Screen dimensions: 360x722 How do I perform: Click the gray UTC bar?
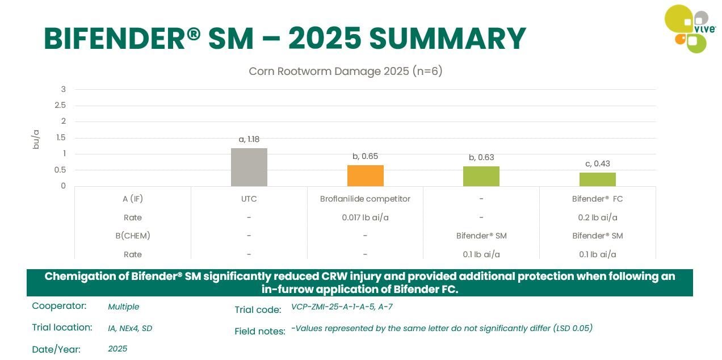pyautogui.click(x=249, y=167)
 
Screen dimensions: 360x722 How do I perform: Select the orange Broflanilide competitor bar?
pyautogui.click(x=365, y=175)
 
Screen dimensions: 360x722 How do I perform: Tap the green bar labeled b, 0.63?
pyautogui.click(x=481, y=176)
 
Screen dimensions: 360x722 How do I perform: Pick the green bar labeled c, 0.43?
pyautogui.click(x=597, y=179)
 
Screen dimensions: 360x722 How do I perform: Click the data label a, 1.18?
pyautogui.click(x=249, y=139)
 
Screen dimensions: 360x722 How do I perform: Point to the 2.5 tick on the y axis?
pyautogui.click(x=60, y=105)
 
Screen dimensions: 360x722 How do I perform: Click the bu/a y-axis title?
pyautogui.click(x=36, y=139)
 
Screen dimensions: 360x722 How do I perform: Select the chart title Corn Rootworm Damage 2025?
pyautogui.click(x=345, y=72)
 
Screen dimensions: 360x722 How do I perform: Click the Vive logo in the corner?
pyautogui.click(x=689, y=28)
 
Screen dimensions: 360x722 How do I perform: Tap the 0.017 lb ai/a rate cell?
pyautogui.click(x=365, y=217)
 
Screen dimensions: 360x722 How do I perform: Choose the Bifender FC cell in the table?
pyautogui.click(x=597, y=199)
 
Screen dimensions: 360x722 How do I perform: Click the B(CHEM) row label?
pyautogui.click(x=132, y=236)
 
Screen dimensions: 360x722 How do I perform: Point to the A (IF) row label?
pyautogui.click(x=132, y=199)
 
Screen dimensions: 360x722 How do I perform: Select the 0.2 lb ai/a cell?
pyautogui.click(x=597, y=217)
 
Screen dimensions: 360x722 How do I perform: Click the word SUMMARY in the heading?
pyautogui.click(x=447, y=39)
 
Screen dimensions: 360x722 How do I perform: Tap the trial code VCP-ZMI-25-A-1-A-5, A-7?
pyautogui.click(x=342, y=307)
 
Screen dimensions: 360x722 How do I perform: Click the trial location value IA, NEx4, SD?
pyautogui.click(x=130, y=328)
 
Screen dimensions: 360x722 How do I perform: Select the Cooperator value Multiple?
pyautogui.click(x=123, y=307)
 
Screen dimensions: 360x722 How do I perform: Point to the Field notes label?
pyautogui.click(x=259, y=331)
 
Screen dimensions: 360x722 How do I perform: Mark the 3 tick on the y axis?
pyautogui.click(x=63, y=89)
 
